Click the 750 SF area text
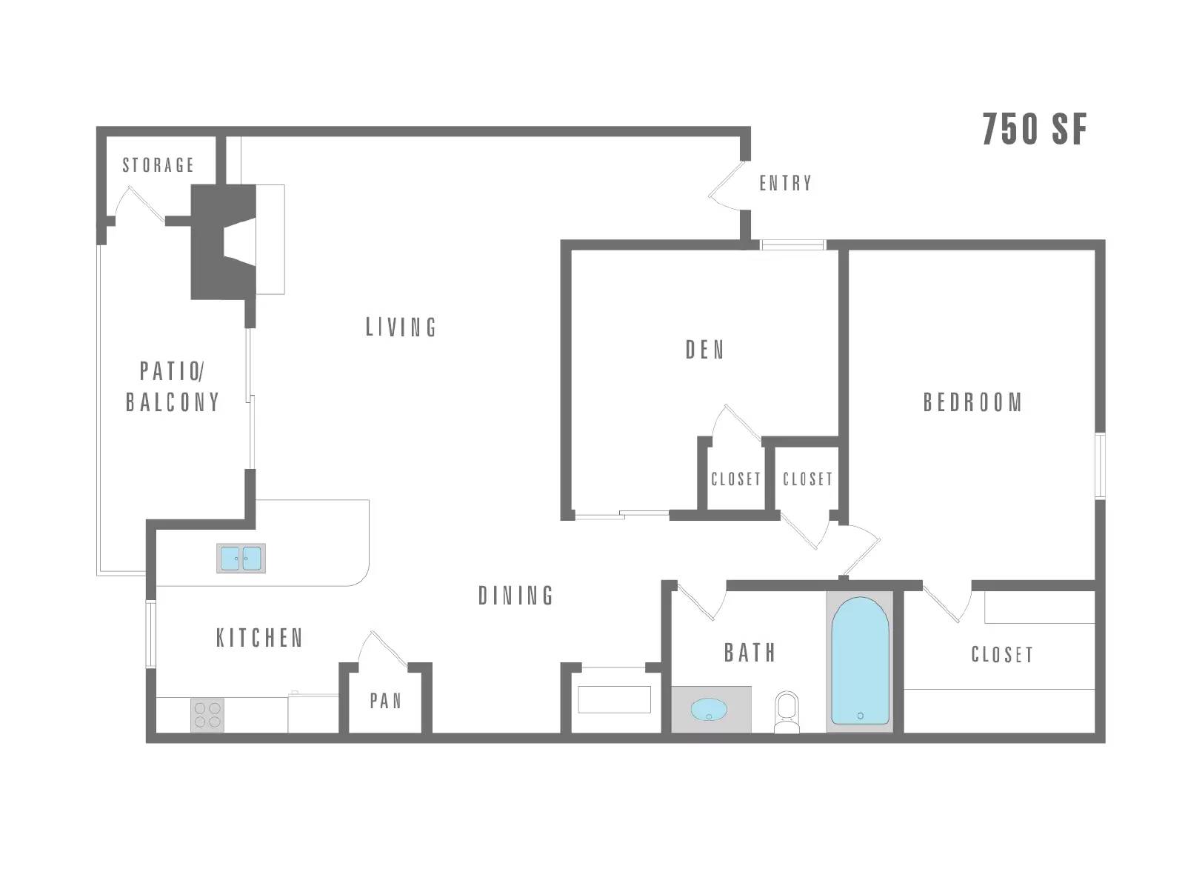[x=1034, y=130]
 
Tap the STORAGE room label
[x=158, y=165]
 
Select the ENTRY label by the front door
[x=786, y=184]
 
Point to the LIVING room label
[x=401, y=327]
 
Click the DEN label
[x=704, y=350]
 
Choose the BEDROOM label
[x=972, y=403]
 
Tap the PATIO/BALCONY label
[x=173, y=387]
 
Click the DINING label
[x=515, y=596]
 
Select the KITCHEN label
[x=260, y=638]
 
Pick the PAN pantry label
[x=385, y=701]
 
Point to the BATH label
[x=750, y=653]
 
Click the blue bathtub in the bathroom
[x=860, y=660]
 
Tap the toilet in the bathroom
[x=787, y=712]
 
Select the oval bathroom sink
[x=709, y=709]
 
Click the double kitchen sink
[x=241, y=558]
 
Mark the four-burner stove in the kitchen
[x=207, y=715]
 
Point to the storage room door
[x=139, y=203]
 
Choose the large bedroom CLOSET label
[x=1002, y=655]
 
